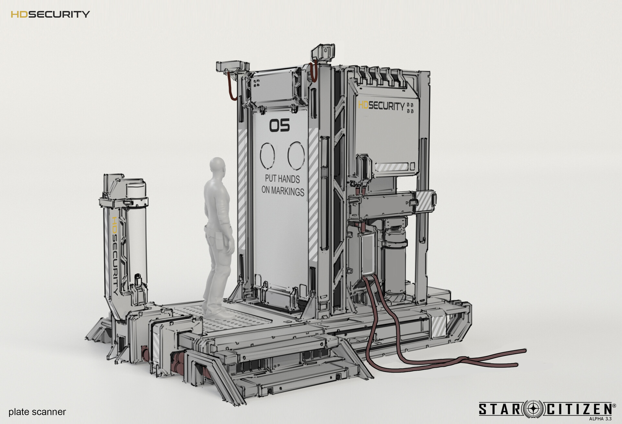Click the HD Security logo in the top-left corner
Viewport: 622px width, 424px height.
pyautogui.click(x=50, y=14)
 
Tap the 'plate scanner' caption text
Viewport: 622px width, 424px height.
pyautogui.click(x=37, y=412)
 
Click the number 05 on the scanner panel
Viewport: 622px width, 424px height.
pyautogui.click(x=280, y=126)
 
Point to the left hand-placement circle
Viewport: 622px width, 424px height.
pyautogui.click(x=268, y=156)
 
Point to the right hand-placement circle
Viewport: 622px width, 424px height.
pyautogui.click(x=296, y=156)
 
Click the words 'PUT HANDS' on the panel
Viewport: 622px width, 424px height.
pyautogui.click(x=282, y=179)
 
